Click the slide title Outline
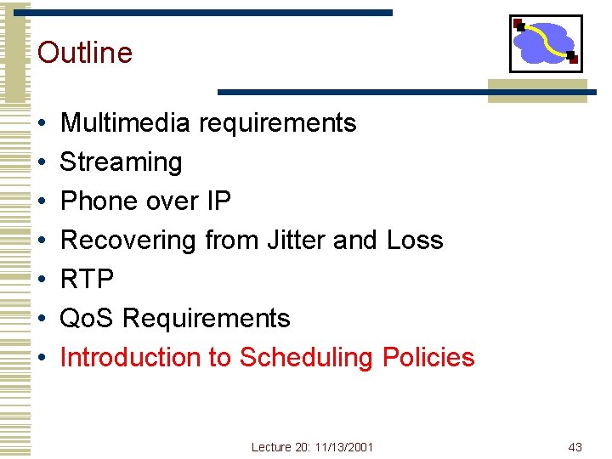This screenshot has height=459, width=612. [85, 53]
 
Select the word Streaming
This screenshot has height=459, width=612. [121, 162]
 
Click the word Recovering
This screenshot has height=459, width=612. [127, 241]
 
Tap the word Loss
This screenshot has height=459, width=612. [415, 241]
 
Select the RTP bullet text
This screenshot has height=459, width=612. [87, 280]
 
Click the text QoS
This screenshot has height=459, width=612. [88, 319]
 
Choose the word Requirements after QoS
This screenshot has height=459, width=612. [207, 319]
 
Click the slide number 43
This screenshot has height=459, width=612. [575, 447]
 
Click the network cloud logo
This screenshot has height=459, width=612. [545, 43]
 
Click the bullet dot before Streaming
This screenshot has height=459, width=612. [42, 163]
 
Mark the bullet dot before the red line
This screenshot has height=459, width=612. [42, 359]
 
